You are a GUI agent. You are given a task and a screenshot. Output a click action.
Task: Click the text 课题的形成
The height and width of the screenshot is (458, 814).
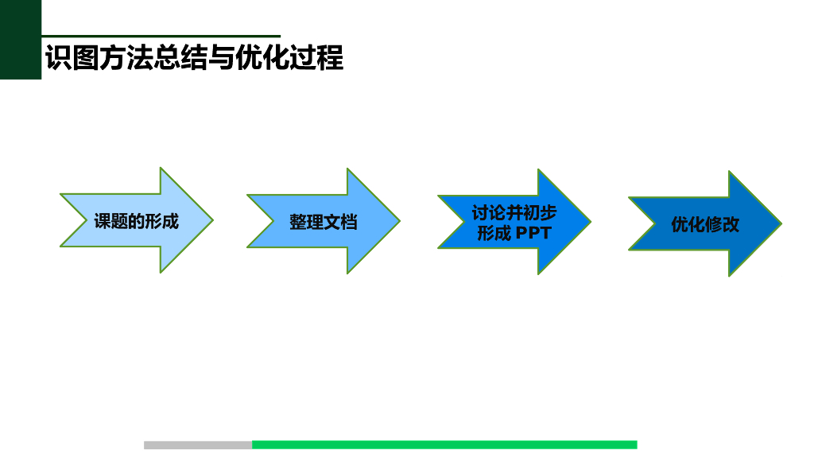click(x=136, y=221)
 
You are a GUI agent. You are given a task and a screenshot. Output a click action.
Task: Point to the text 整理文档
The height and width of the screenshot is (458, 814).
click(x=323, y=223)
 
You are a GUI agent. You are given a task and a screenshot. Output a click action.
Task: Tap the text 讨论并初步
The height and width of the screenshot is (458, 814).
click(x=514, y=213)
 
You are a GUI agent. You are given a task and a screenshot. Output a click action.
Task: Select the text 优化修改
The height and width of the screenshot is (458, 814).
click(x=705, y=224)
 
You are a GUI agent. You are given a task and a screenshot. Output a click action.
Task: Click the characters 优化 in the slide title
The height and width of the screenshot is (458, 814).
click(x=262, y=58)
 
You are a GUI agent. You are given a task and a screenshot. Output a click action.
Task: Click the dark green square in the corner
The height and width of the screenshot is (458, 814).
click(x=20, y=40)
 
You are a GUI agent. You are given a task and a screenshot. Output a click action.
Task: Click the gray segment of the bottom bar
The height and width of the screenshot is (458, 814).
click(x=198, y=444)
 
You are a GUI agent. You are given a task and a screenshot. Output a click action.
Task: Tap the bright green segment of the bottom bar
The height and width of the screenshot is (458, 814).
click(x=444, y=444)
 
